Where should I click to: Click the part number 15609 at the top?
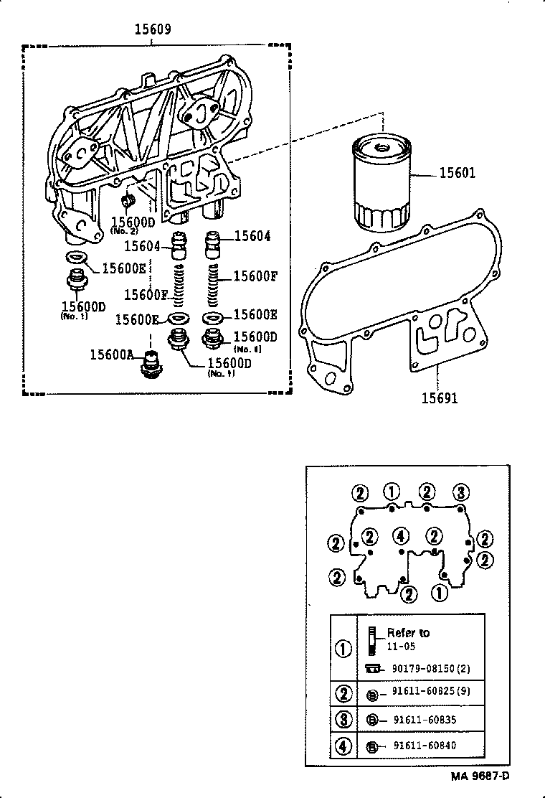tap(153, 29)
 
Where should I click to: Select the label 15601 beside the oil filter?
tap(457, 174)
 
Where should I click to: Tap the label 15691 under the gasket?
tap(440, 398)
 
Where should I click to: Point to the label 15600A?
tap(111, 353)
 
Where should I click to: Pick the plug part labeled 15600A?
tap(151, 365)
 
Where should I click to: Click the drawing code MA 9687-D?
tap(480, 776)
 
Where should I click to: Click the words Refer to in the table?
tap(408, 632)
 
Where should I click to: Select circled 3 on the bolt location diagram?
tap(462, 492)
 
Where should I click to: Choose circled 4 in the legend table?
tap(343, 746)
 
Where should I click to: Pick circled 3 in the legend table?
tap(343, 718)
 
